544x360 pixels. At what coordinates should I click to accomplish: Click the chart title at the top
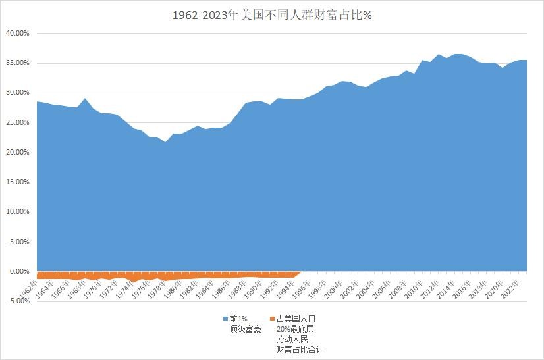tap(272, 14)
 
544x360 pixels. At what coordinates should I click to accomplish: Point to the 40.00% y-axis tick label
tap(16, 33)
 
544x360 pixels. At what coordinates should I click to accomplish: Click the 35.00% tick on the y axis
tap(16, 63)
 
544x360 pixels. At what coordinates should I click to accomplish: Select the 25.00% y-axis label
tap(16, 122)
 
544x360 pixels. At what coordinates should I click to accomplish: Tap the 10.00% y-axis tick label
tap(16, 212)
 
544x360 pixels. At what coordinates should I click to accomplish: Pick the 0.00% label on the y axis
tap(18, 271)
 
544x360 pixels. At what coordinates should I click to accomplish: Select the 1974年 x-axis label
tap(124, 288)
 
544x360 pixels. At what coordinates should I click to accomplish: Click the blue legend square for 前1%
tap(226, 319)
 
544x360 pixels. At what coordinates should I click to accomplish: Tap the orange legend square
tap(272, 319)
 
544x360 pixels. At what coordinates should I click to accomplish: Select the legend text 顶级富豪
tap(245, 329)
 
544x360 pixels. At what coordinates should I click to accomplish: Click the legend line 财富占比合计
tap(300, 350)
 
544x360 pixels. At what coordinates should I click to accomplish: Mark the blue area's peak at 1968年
tap(85, 99)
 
